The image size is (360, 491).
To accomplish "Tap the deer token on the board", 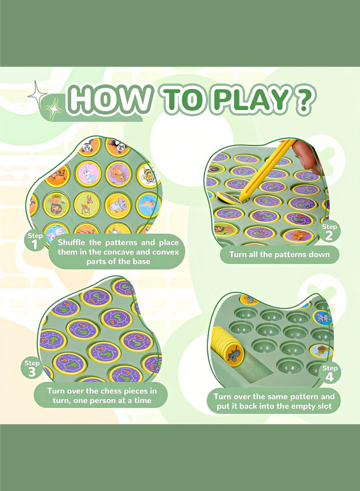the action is click(x=87, y=205).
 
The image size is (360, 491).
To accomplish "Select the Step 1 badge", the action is click(x=35, y=241).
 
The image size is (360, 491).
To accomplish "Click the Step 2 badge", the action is click(x=329, y=232).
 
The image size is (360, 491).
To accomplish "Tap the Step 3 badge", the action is click(x=31, y=368).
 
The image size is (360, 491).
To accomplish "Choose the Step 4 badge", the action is click(x=329, y=373).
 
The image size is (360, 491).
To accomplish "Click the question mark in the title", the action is click(x=303, y=101).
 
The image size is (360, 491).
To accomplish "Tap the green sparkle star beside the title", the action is click(x=54, y=109).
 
